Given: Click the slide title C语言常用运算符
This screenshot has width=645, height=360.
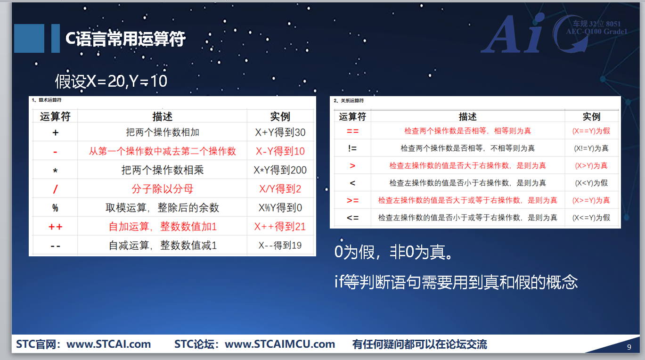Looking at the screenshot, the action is [125, 39].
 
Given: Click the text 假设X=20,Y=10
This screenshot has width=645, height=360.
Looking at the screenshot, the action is [111, 81].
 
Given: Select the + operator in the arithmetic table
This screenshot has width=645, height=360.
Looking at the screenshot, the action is [55, 132].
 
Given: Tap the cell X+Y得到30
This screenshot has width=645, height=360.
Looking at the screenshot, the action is [280, 132].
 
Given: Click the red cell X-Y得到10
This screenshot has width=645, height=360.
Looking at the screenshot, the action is [280, 151].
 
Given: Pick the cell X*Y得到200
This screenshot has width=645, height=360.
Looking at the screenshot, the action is [280, 170].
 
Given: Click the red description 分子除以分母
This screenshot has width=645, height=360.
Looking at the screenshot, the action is [163, 189].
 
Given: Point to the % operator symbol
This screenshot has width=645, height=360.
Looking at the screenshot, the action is [55, 208].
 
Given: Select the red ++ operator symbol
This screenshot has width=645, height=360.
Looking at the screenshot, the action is [55, 227].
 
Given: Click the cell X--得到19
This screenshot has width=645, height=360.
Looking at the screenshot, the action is [280, 245].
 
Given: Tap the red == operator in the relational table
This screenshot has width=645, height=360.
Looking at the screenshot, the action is [352, 131].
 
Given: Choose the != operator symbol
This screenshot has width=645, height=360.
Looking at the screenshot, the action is [352, 148].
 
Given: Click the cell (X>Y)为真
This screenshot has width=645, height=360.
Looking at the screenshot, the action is [591, 165].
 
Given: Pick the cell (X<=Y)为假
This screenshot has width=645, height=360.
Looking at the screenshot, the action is [591, 217].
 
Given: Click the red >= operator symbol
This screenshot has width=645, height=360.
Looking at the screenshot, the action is [352, 200].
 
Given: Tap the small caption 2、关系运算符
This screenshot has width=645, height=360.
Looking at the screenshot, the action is [349, 100].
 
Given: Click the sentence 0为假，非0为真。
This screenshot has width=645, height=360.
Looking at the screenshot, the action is [393, 252].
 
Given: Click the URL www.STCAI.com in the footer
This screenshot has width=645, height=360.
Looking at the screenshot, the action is [108, 344].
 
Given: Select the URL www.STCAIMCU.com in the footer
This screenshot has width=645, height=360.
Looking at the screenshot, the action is [279, 344].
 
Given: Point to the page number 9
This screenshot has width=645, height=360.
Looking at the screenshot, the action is [629, 347].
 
